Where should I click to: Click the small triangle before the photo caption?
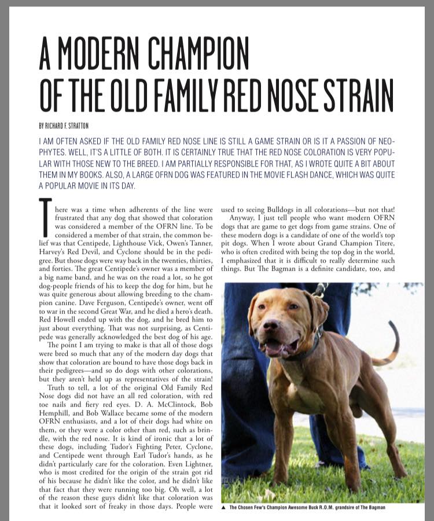224,507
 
